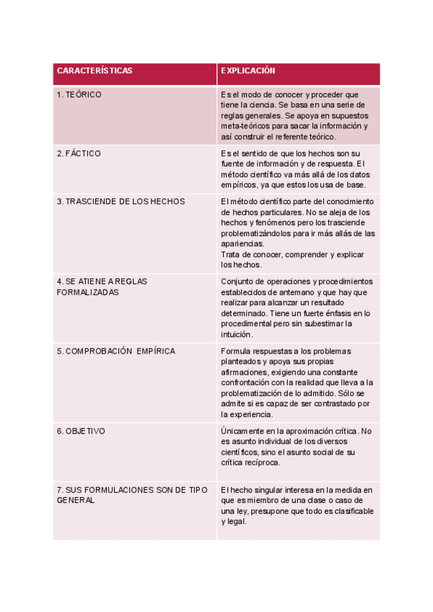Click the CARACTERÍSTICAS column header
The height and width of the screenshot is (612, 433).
(95, 71)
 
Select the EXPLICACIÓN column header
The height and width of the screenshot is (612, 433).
(248, 71)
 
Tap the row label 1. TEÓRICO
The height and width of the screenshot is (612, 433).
(79, 95)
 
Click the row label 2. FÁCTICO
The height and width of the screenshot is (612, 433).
(79, 154)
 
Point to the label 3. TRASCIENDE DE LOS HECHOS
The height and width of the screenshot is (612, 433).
(121, 201)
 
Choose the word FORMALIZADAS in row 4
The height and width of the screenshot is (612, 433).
(87, 292)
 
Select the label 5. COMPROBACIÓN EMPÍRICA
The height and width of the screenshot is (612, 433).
(115, 351)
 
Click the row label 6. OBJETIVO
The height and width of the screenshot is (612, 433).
(81, 431)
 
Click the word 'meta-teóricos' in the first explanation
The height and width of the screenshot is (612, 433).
(246, 126)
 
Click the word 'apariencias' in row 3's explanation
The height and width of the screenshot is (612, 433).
(242, 244)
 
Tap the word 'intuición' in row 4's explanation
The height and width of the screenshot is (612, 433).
(237, 334)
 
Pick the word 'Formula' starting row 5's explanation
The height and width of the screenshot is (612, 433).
(235, 351)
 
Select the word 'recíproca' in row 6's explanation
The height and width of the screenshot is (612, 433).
(261, 463)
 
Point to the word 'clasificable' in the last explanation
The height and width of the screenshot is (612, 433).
(353, 511)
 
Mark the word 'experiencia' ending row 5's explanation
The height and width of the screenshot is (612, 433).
(251, 414)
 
